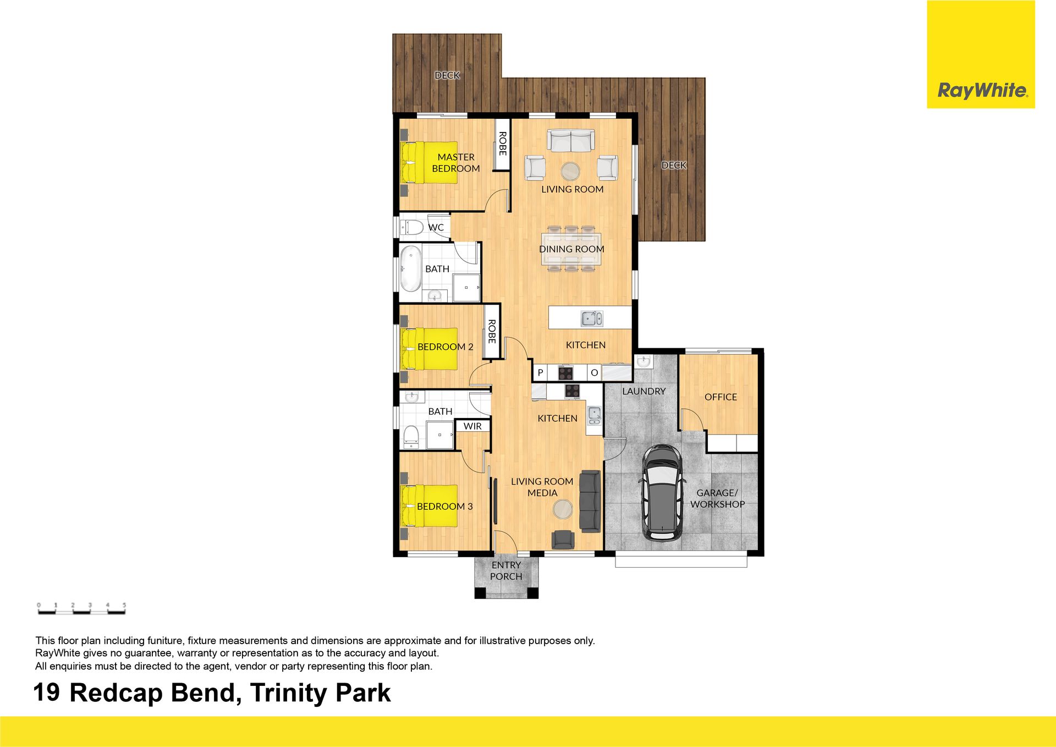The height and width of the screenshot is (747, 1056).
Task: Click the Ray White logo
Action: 981,54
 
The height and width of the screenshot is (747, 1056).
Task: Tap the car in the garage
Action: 663,492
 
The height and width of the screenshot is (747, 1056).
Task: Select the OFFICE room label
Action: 721,397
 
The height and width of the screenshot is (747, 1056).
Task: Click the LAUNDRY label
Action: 644,391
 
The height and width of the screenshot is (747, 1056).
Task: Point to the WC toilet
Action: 411,227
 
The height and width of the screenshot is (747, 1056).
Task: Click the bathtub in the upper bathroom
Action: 410,269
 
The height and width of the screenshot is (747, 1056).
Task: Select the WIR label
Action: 472,426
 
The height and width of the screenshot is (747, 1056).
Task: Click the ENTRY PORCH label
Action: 506,570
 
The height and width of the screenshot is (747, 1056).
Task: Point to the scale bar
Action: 81,608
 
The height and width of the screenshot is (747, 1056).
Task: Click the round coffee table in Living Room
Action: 570,171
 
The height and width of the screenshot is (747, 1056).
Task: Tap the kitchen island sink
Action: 592,318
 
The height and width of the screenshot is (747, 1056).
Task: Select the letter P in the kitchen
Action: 540,373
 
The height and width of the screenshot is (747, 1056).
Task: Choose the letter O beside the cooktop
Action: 594,373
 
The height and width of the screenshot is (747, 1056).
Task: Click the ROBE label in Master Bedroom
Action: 502,144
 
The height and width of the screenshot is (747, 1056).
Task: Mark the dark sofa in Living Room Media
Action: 590,501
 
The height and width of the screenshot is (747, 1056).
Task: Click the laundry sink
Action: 643,361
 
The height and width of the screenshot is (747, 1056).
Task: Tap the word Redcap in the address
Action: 116,693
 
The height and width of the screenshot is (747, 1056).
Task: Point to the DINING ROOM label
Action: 571,249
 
